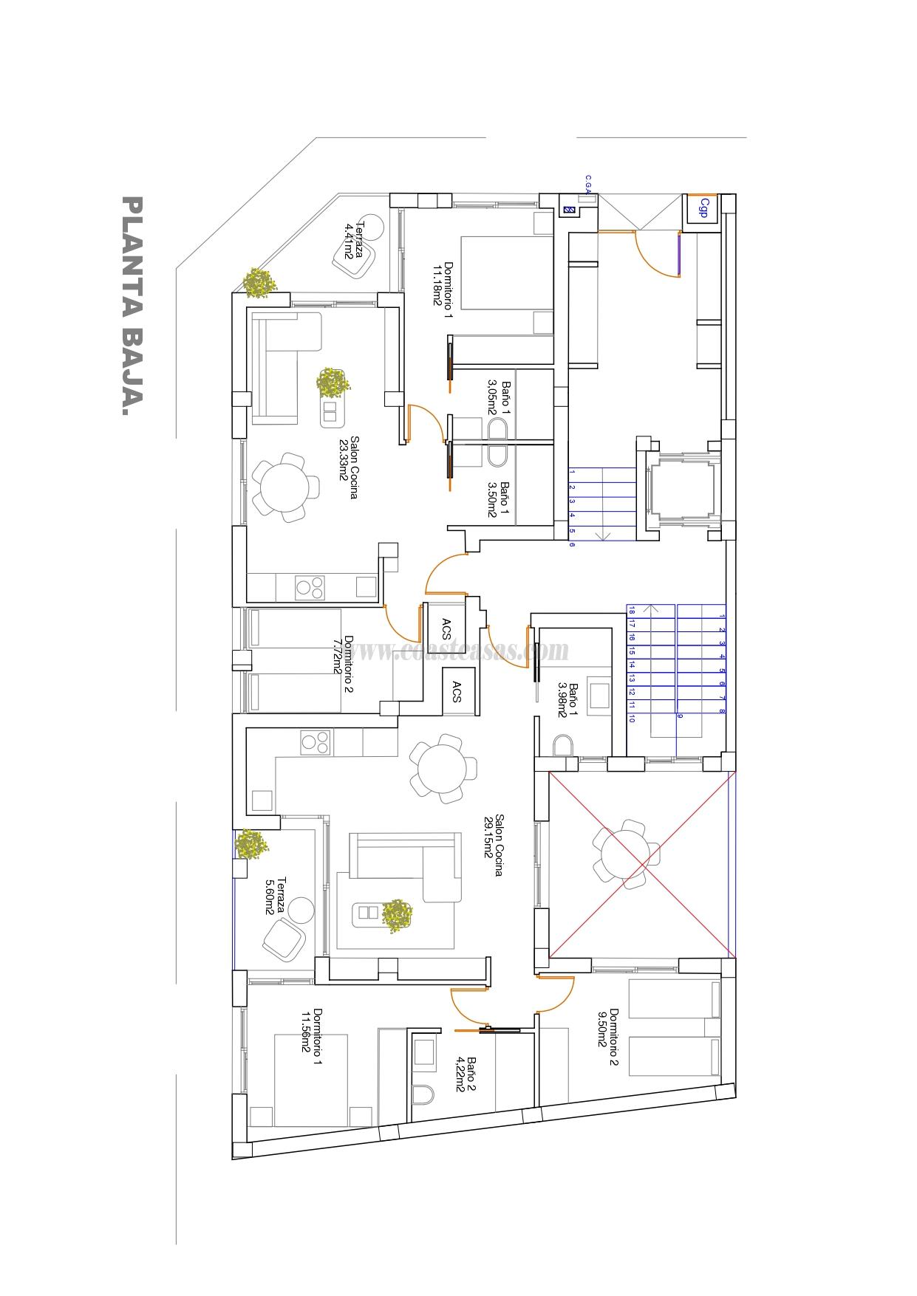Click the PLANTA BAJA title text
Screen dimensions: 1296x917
click(x=131, y=306)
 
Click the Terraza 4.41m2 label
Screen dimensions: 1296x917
click(x=354, y=240)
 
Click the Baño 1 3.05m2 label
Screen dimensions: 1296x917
click(x=500, y=398)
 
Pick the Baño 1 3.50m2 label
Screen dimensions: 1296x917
click(x=500, y=501)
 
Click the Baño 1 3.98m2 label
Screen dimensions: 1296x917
click(x=567, y=699)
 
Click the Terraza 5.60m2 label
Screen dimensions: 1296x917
click(x=275, y=895)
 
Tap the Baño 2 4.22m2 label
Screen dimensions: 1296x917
click(x=465, y=1074)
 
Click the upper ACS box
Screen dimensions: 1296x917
click(x=446, y=628)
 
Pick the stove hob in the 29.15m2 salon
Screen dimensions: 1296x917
click(x=315, y=742)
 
